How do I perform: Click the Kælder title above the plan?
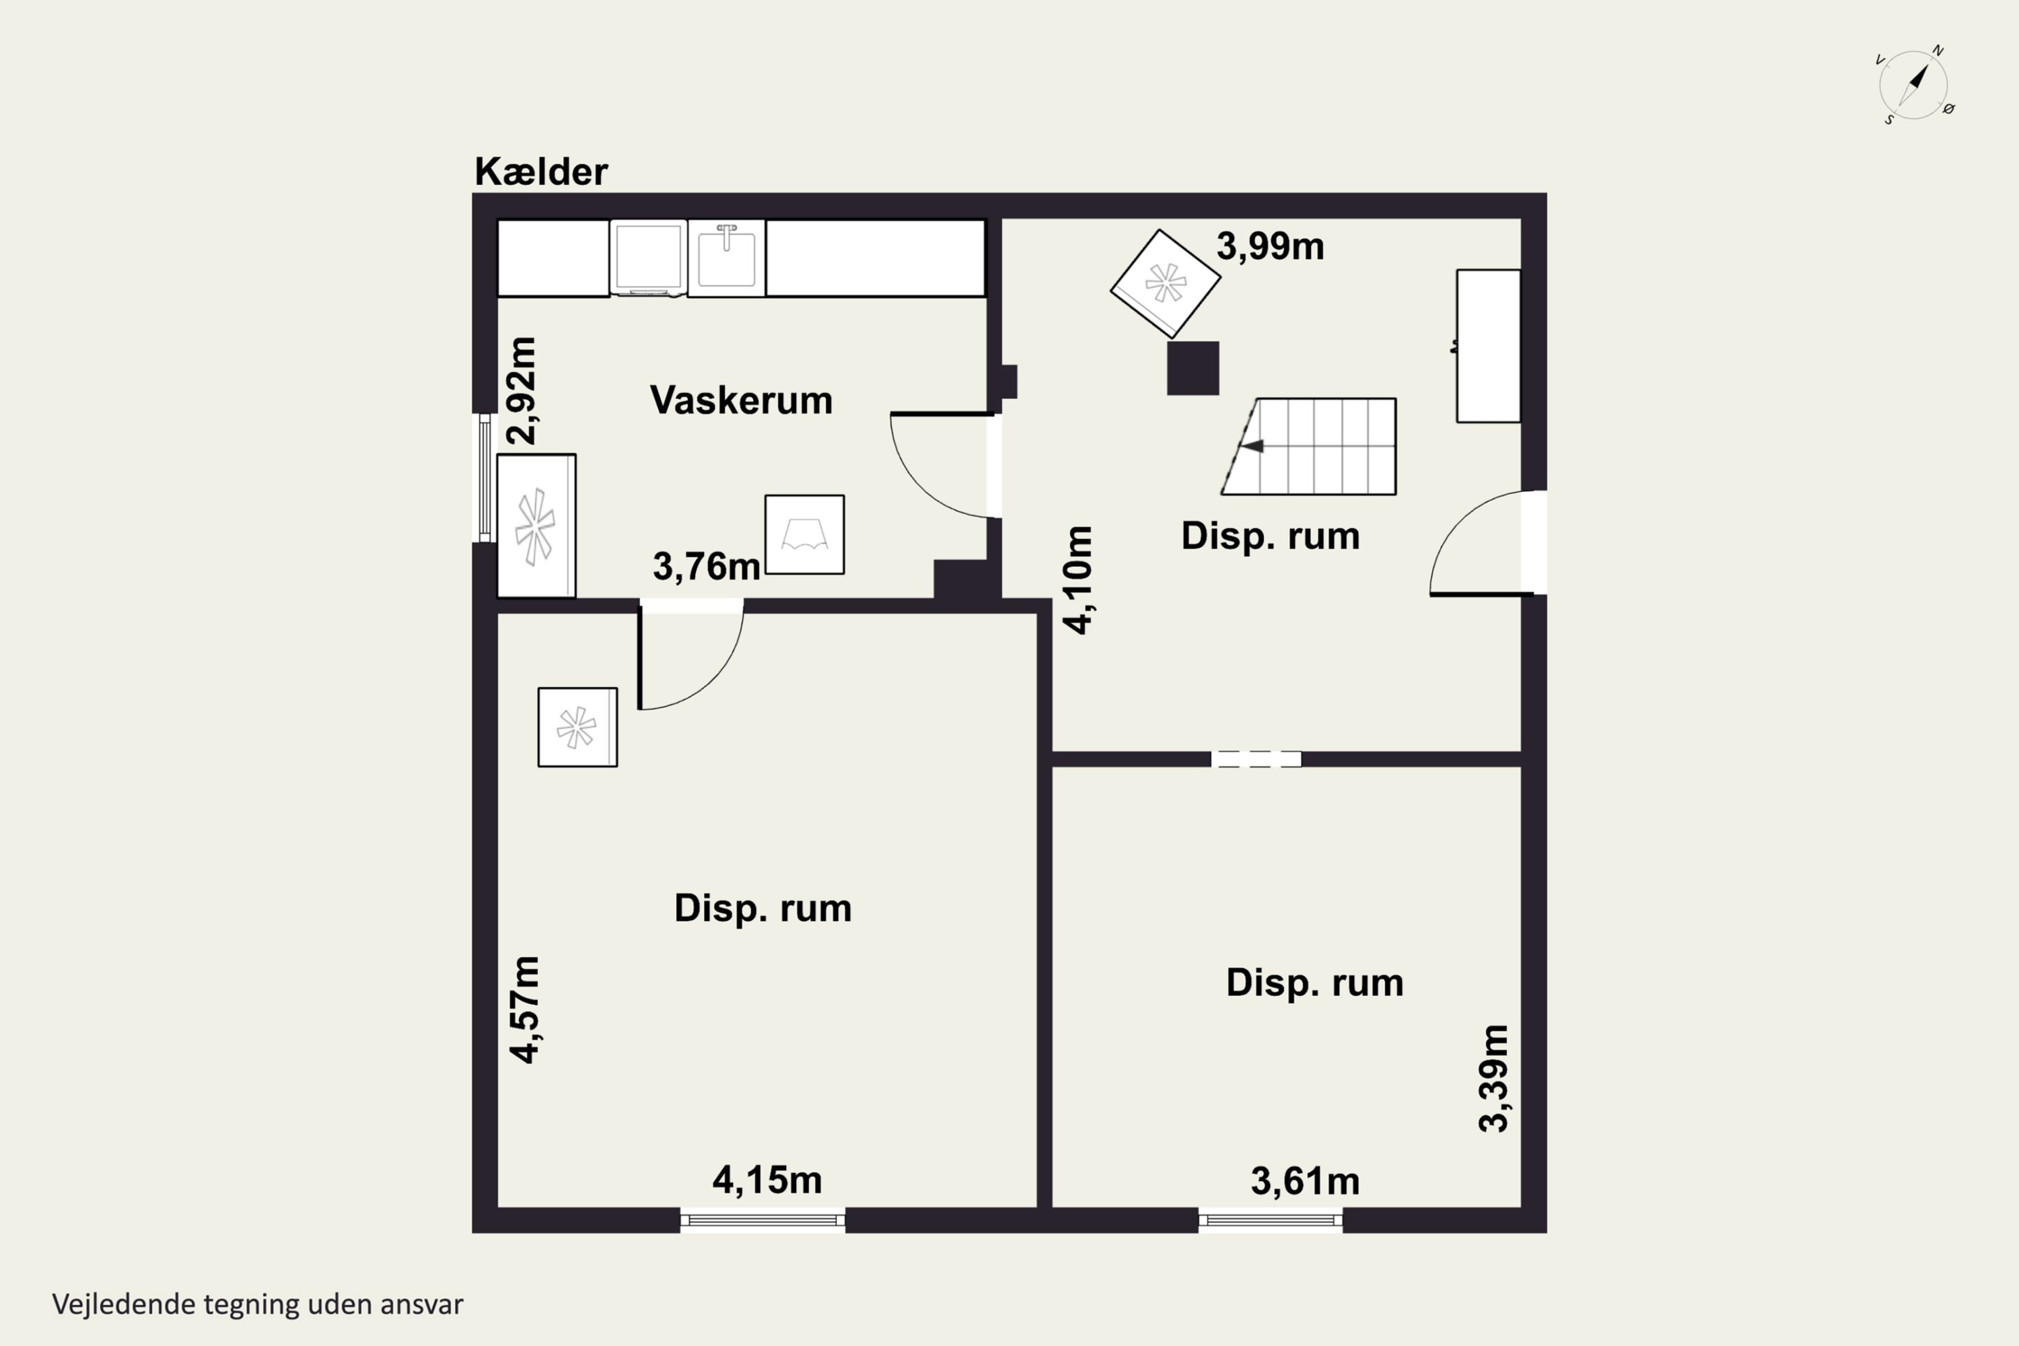pyautogui.click(x=541, y=172)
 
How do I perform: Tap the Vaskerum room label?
pyautogui.click(x=741, y=400)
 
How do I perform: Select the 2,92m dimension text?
pyautogui.click(x=522, y=390)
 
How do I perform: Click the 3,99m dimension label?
pyautogui.click(x=1269, y=246)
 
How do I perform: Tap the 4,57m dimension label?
pyautogui.click(x=524, y=1010)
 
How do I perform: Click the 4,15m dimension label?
pyautogui.click(x=767, y=1180)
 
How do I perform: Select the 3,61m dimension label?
pyautogui.click(x=1305, y=1181)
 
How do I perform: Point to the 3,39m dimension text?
pyautogui.click(x=1493, y=1078)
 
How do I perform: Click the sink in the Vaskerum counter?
pyautogui.click(x=726, y=258)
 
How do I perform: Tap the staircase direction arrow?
pyautogui.click(x=1252, y=446)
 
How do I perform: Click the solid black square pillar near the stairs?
pyautogui.click(x=1193, y=368)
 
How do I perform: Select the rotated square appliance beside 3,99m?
pyautogui.click(x=1165, y=283)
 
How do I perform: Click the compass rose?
pyautogui.click(x=1913, y=85)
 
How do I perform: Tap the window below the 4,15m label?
pyautogui.click(x=763, y=1219)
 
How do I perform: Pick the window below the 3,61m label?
pyautogui.click(x=1271, y=1219)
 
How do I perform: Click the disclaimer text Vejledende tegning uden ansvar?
pyautogui.click(x=258, y=1305)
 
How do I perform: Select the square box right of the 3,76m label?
pyautogui.click(x=804, y=535)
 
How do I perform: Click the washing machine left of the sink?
pyautogui.click(x=648, y=258)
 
